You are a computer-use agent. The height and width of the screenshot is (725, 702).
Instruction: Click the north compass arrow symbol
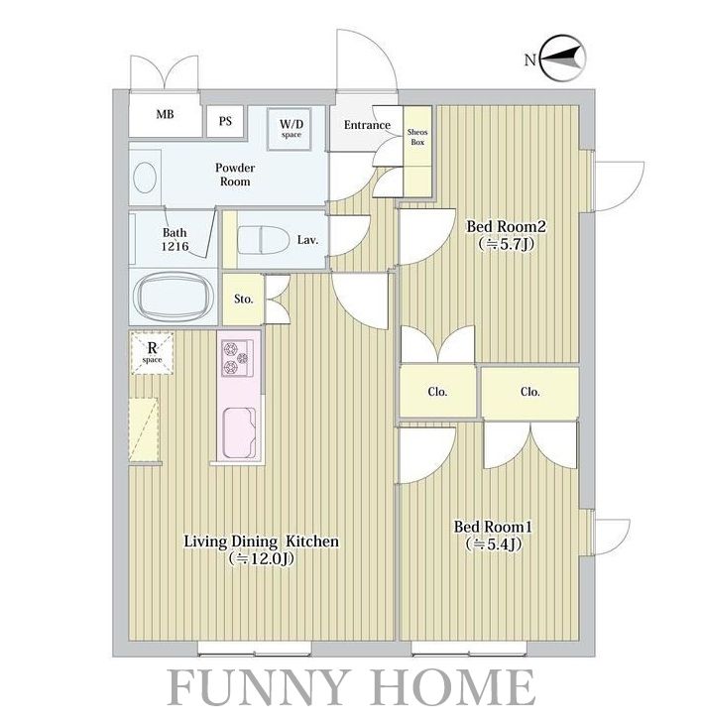(x=563, y=59)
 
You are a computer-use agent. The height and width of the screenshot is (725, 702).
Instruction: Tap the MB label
(x=165, y=114)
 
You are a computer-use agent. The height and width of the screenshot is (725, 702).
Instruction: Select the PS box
(x=225, y=122)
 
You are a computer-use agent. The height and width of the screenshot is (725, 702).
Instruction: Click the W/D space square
(x=291, y=129)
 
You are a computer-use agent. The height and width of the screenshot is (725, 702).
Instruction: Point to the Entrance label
(x=367, y=125)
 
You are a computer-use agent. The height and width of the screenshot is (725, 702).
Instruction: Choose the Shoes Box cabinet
(x=417, y=151)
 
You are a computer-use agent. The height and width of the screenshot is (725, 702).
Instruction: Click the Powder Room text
(x=235, y=175)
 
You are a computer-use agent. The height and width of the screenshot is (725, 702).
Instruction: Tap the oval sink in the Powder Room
(x=145, y=178)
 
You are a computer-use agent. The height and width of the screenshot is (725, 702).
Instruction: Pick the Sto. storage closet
(x=243, y=300)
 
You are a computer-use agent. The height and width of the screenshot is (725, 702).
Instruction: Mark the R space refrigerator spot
(x=152, y=352)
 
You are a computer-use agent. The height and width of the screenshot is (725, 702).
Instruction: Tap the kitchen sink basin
(x=239, y=432)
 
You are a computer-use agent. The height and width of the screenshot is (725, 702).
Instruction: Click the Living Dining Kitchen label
(x=262, y=541)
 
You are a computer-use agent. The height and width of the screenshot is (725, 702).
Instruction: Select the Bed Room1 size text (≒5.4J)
(x=493, y=544)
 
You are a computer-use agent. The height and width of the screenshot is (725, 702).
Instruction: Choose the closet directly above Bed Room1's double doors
(x=530, y=392)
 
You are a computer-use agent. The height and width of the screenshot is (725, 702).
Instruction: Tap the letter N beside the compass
(x=530, y=60)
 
